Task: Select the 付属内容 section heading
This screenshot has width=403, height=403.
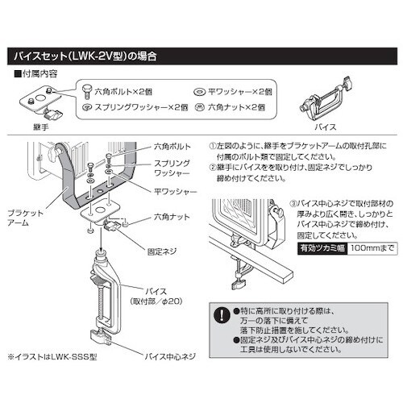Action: coord(38,74)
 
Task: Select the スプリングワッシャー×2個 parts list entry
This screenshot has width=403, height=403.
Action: coord(136,106)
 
